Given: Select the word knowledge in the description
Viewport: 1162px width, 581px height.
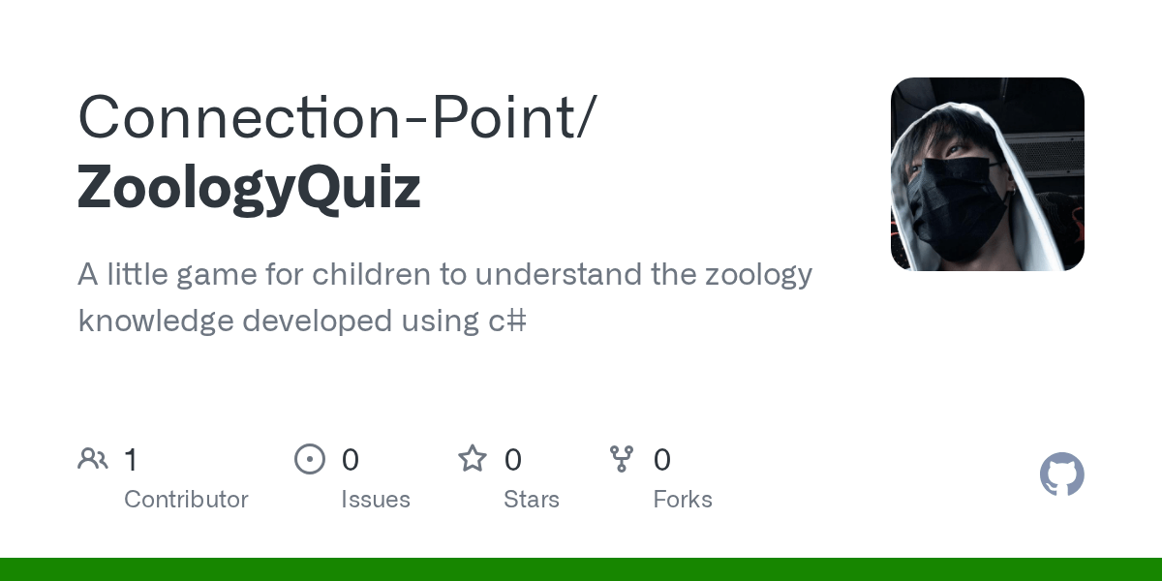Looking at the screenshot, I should pyautogui.click(x=155, y=321).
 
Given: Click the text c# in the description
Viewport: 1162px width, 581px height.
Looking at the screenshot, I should pyautogui.click(x=507, y=321).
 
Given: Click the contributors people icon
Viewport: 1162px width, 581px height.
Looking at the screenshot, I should pyautogui.click(x=93, y=459).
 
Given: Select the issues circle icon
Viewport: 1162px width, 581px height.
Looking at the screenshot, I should pyautogui.click(x=310, y=459).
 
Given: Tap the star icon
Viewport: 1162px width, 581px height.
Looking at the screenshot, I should pyautogui.click(x=473, y=458).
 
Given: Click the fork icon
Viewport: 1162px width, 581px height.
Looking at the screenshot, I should pyautogui.click(x=622, y=459).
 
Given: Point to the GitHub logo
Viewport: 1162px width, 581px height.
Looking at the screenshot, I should pyautogui.click(x=1061, y=474).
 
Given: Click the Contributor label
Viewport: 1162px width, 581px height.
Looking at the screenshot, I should pyautogui.click(x=186, y=500).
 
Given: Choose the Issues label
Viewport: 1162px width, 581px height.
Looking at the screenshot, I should pyautogui.click(x=376, y=500).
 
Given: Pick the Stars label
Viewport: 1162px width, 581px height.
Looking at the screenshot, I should pyautogui.click(x=532, y=500).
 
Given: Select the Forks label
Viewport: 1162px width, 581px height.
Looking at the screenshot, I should pyautogui.click(x=683, y=500).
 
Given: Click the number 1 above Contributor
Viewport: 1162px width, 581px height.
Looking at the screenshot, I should pyautogui.click(x=131, y=460).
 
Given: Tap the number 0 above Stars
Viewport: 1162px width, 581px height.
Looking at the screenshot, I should pyautogui.click(x=513, y=460).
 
